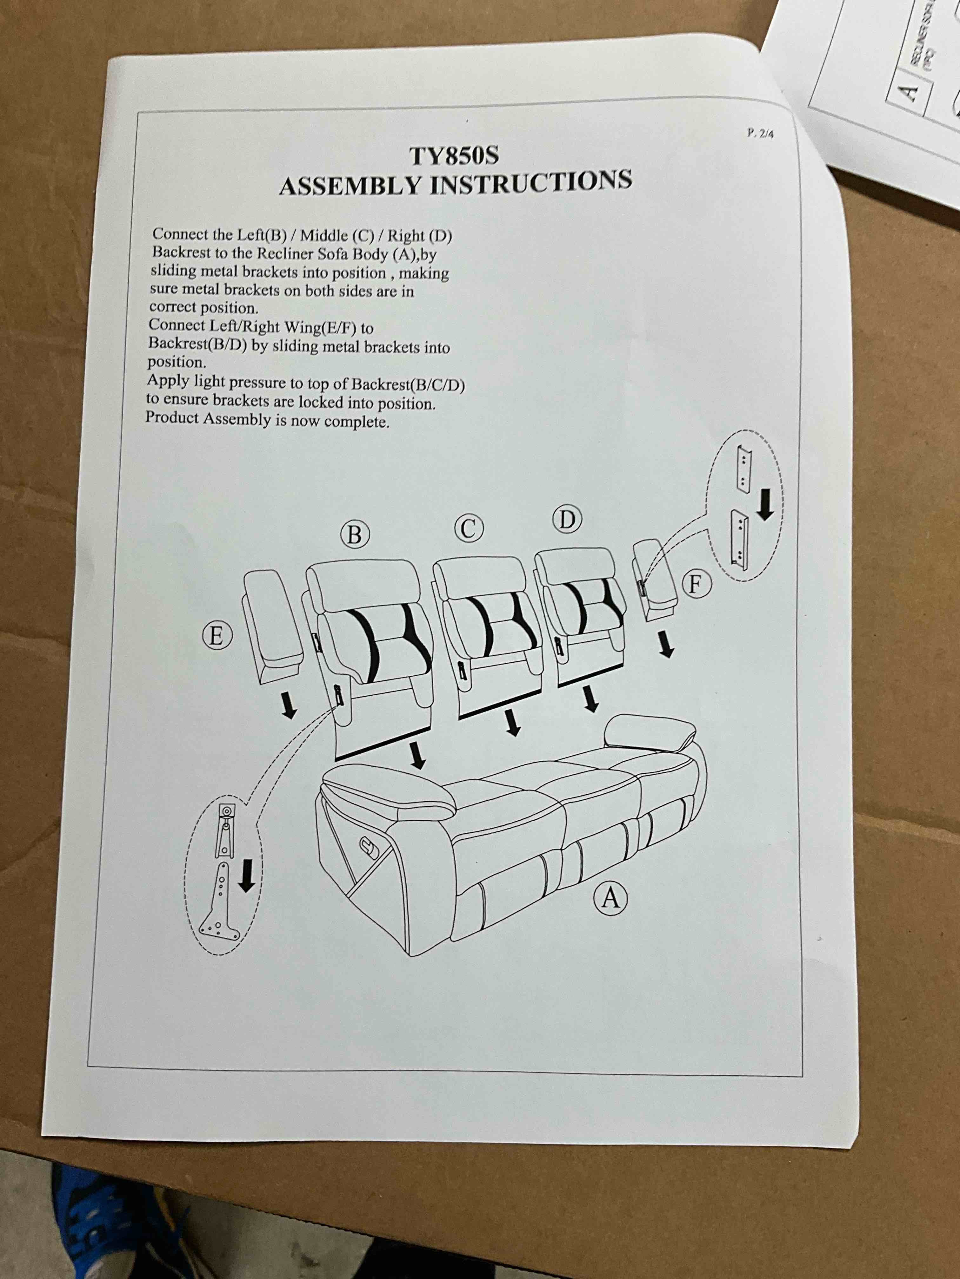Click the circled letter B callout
pos(354,535)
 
